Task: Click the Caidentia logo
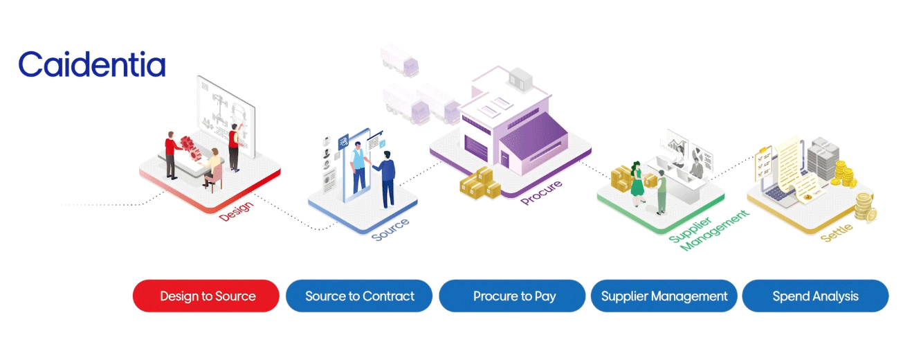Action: pos(92,64)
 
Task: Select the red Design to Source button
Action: pos(206,296)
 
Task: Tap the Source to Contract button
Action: pos(359,296)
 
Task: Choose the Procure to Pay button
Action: pos(514,296)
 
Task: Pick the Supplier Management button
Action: pos(664,296)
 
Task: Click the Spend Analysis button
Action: pos(815,296)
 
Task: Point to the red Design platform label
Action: pos(236,210)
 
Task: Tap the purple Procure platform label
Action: pos(541,193)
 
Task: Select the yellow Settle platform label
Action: pos(837,232)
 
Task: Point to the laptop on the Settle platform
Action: pos(775,198)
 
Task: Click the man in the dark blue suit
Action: pos(387,179)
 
